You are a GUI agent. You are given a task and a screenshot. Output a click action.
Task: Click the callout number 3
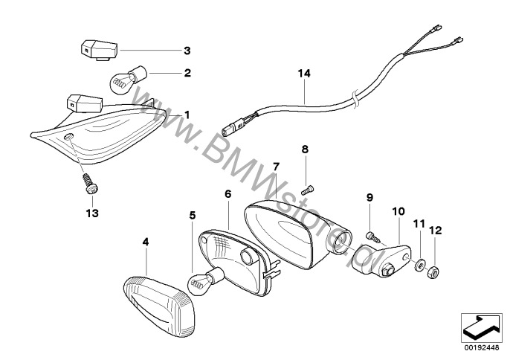(187, 51)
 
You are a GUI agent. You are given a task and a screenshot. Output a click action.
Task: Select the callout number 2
(187, 74)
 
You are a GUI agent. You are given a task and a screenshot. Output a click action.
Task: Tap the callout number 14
(305, 74)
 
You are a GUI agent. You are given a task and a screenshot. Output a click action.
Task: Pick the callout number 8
(305, 150)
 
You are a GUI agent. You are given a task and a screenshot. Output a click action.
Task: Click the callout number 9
(369, 197)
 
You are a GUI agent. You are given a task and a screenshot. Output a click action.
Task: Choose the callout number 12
(435, 231)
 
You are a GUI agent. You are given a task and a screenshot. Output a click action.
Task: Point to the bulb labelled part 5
(203, 280)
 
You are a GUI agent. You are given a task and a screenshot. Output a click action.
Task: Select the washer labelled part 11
(420, 264)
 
